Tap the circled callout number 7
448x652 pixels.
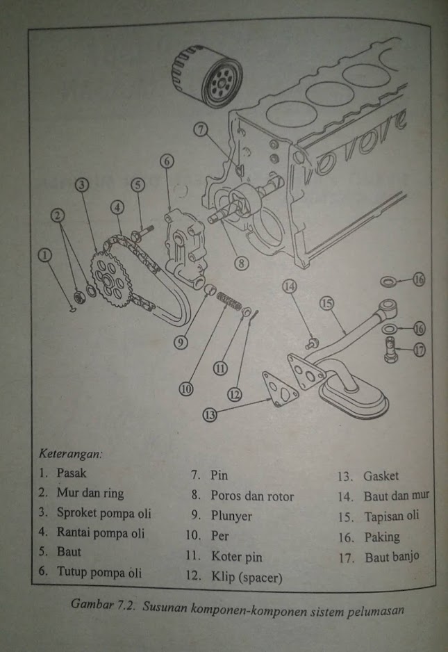(x=201, y=129)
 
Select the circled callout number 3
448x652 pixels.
(x=81, y=184)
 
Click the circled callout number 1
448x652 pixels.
(x=46, y=256)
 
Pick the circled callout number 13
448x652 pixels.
(x=209, y=415)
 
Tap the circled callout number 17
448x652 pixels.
(x=420, y=350)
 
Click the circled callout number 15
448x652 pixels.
(x=326, y=304)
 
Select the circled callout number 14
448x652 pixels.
(x=289, y=286)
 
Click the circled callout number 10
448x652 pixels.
(x=186, y=390)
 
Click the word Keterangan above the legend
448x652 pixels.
(x=70, y=455)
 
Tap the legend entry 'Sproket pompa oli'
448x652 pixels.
(x=104, y=514)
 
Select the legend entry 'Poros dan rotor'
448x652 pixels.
(x=252, y=496)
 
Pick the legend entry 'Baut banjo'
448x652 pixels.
(x=392, y=557)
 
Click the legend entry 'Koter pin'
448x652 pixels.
(x=237, y=557)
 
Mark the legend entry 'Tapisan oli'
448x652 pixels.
(x=391, y=516)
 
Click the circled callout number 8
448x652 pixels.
(x=241, y=263)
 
